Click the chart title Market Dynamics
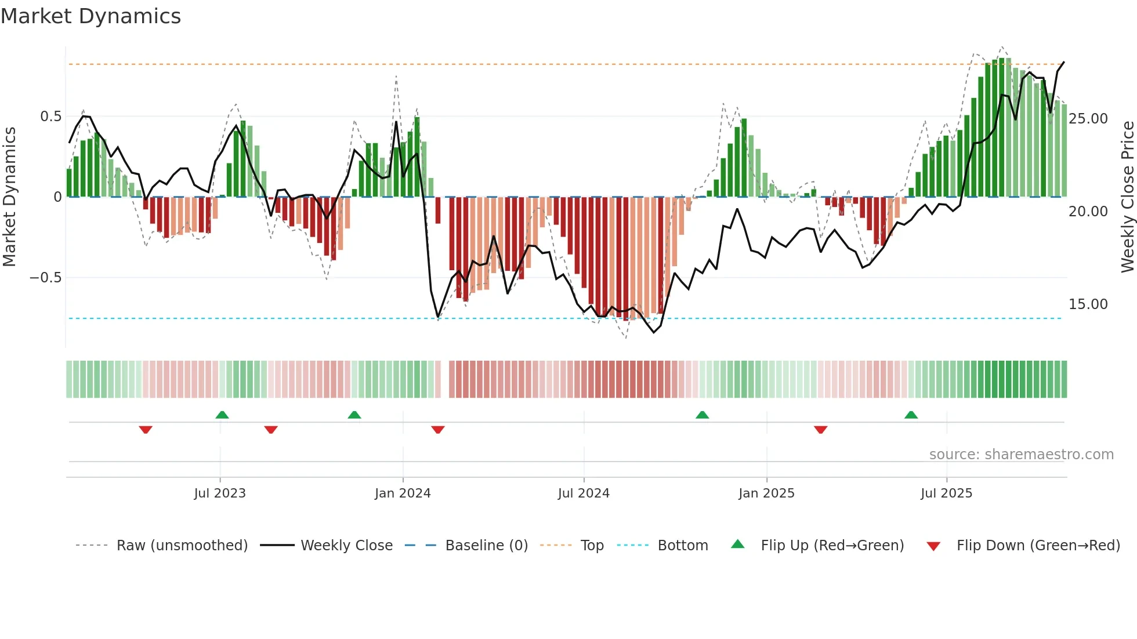click(90, 16)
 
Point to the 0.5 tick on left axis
click(50, 117)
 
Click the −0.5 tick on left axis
click(46, 278)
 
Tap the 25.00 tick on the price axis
click(1088, 119)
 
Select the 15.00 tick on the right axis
click(1088, 304)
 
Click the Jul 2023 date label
click(220, 493)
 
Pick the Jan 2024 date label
click(403, 493)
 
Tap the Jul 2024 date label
click(584, 493)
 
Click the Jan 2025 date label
click(766, 493)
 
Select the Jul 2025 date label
click(946, 493)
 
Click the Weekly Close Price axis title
click(1127, 197)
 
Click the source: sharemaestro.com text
click(1021, 455)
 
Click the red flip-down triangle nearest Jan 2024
click(438, 430)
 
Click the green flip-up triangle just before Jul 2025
click(911, 415)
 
